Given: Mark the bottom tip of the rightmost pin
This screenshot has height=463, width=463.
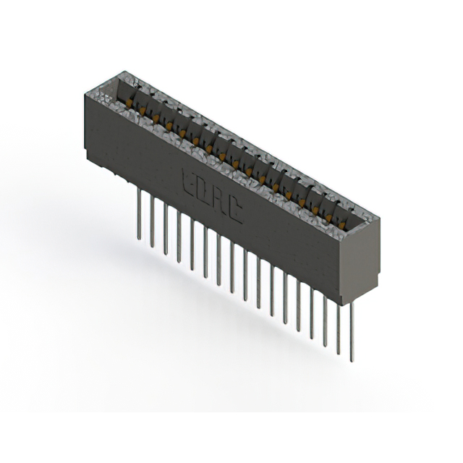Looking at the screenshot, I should click(x=352, y=360).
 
